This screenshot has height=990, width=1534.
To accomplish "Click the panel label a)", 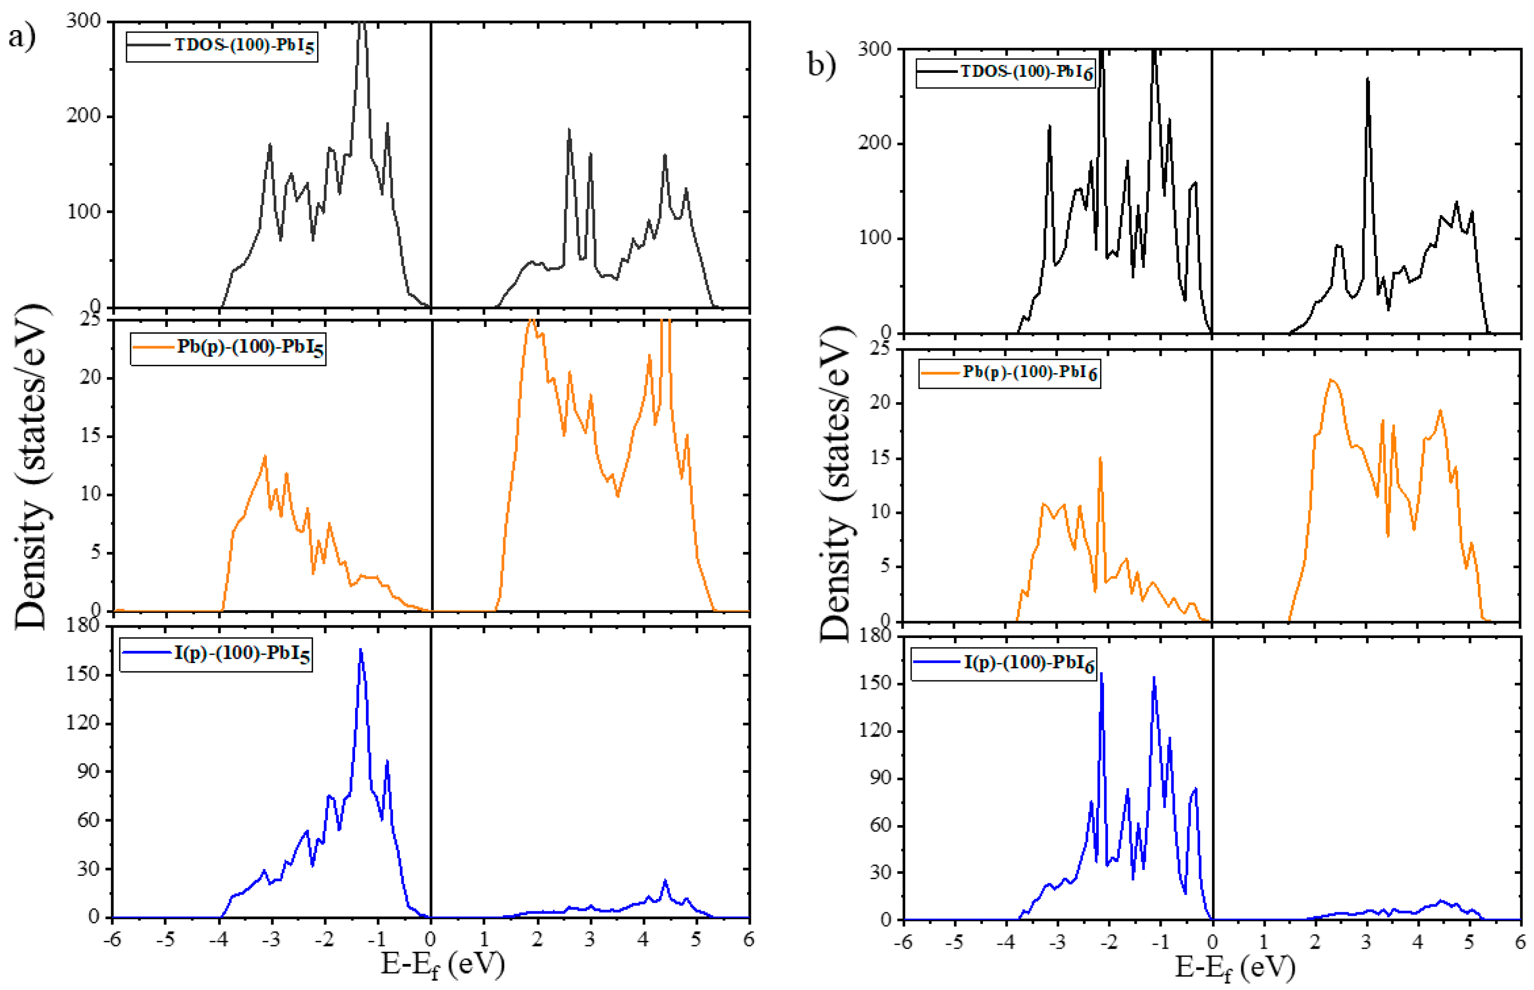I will (x=21, y=36).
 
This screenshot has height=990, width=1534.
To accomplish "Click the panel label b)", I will (x=821, y=64).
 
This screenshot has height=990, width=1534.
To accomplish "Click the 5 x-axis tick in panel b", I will (x=1469, y=942).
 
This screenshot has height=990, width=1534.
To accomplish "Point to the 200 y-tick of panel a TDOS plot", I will (x=84, y=116).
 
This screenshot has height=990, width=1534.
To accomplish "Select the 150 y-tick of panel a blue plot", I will (x=84, y=674).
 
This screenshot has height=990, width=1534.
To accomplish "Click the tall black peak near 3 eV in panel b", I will (x=1368, y=79).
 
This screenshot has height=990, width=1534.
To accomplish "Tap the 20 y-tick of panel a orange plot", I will (x=91, y=378).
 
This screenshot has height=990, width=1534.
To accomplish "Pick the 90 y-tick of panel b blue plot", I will (x=876, y=778).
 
